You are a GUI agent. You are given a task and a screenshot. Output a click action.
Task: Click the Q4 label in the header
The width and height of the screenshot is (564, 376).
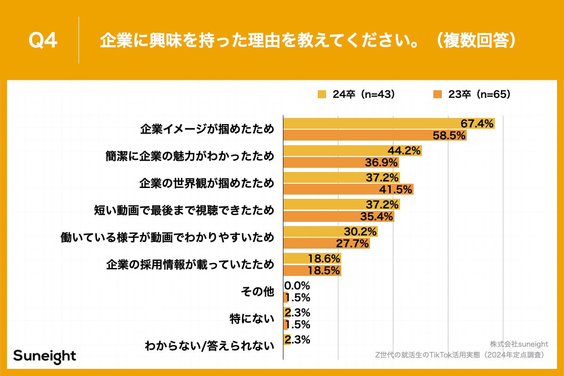tap(43, 41)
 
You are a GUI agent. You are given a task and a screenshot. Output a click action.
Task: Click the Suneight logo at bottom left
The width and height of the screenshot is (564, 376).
tap(44, 355)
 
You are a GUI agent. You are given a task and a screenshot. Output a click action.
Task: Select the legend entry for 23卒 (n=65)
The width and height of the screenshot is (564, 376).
tap(472, 94)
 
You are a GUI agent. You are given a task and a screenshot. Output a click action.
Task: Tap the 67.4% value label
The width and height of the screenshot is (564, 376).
tap(477, 124)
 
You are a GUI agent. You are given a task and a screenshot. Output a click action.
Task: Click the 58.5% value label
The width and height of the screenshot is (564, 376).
tap(449, 136)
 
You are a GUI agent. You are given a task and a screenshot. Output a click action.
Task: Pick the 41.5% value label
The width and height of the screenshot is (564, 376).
tap(396, 189)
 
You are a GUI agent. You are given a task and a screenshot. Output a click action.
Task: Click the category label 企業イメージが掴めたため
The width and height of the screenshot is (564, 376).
tap(207, 130)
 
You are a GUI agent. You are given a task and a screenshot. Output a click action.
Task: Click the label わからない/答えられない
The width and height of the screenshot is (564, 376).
tap(210, 346)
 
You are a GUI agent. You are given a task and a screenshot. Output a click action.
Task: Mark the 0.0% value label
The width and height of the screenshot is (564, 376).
tap(297, 285)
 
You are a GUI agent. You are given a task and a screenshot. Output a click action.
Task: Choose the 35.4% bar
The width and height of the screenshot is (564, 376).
tap(338, 217)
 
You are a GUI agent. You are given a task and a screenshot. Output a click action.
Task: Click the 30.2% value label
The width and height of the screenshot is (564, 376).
tap(360, 232)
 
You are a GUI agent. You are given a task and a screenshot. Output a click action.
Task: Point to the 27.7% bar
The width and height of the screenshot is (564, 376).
tap(326, 243)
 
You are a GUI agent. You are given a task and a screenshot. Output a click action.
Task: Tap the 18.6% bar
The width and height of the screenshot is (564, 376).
tap(312, 258)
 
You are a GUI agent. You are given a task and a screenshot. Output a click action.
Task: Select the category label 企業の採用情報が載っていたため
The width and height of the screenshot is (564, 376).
tap(190, 265)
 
